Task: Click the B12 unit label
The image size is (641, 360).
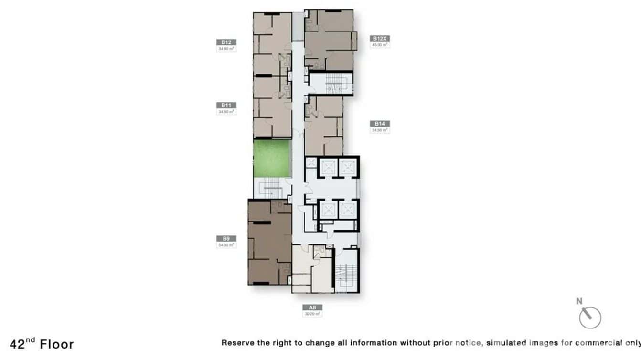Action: pyautogui.click(x=226, y=42)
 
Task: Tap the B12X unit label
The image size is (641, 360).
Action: pyautogui.click(x=380, y=38)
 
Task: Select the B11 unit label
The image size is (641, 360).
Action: pyautogui.click(x=226, y=105)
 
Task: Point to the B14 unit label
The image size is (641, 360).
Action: pyautogui.click(x=380, y=123)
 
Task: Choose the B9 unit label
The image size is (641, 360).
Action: pyautogui.click(x=226, y=238)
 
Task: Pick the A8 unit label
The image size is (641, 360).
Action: pyautogui.click(x=312, y=307)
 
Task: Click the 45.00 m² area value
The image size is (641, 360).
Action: pyautogui.click(x=380, y=45)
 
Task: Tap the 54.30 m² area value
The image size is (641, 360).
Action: pyautogui.click(x=226, y=245)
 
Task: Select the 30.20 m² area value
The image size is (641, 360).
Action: pyautogui.click(x=312, y=314)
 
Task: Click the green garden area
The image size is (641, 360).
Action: pyautogui.click(x=272, y=158)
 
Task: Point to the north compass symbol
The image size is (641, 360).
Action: pyautogui.click(x=590, y=318)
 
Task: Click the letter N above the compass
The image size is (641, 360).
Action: pyautogui.click(x=579, y=301)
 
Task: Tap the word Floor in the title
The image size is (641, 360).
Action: pyautogui.click(x=57, y=344)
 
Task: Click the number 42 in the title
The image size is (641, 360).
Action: pyautogui.click(x=17, y=344)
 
